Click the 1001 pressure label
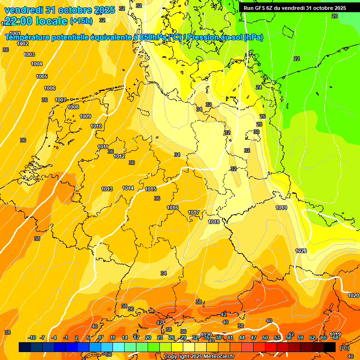click(x=15, y=33)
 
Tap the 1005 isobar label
click(x=42, y=76)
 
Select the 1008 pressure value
click(x=73, y=107)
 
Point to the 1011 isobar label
click(x=103, y=147)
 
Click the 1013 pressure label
click(x=107, y=189)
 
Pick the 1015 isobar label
click(x=150, y=189)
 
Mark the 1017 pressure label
click(x=194, y=212)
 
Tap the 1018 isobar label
click(x=214, y=222)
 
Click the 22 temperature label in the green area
click(x=297, y=59)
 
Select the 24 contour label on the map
click(x=259, y=87)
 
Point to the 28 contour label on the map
click(x=259, y=124)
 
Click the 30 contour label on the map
click(x=256, y=132)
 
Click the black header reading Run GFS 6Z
click(x=295, y=8)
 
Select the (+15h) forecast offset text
click(x=81, y=21)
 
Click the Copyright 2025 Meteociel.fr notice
click(x=199, y=356)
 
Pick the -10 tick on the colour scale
click(x=32, y=337)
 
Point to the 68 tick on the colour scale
click(x=336, y=337)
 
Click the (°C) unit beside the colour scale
click(x=345, y=347)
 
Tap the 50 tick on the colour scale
click(x=265, y=337)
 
